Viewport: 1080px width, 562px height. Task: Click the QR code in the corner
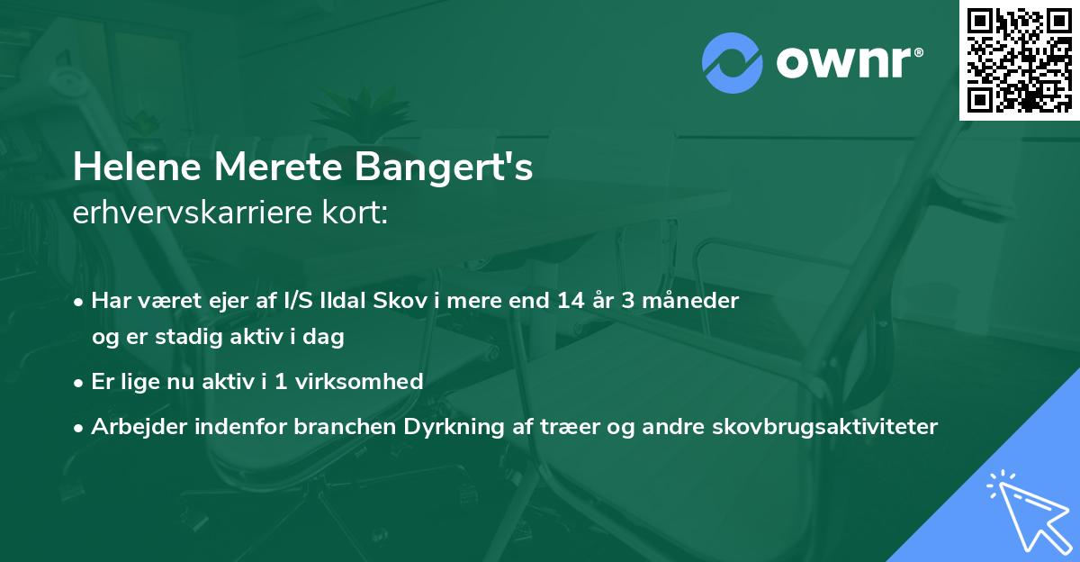(1019, 59)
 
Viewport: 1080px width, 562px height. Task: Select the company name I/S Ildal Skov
(347, 301)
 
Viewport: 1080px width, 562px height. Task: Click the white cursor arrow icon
(1026, 510)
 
